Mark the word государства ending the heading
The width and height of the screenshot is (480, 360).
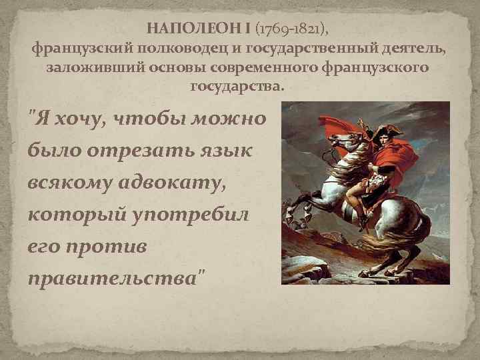238,87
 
